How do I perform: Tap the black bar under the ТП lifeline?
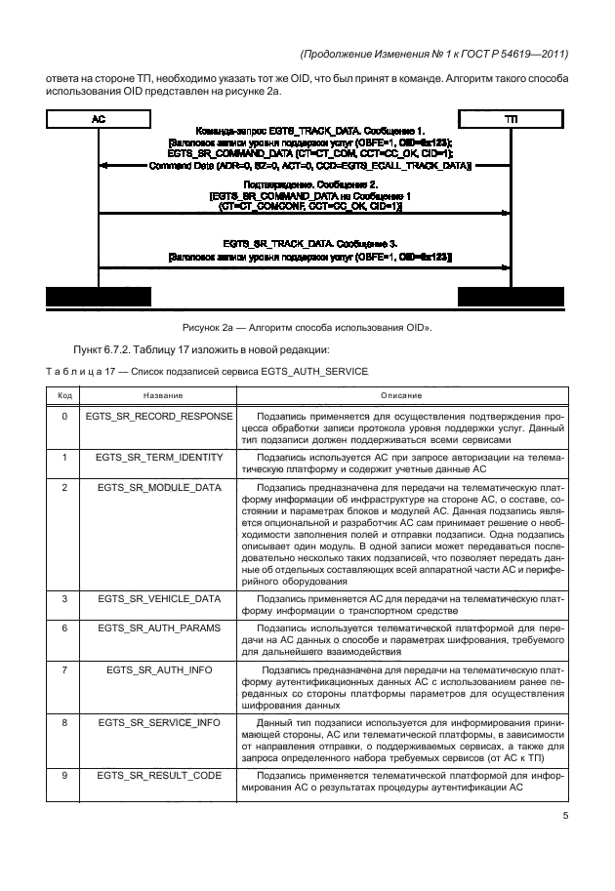click(512, 297)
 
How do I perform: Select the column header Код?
click(64, 395)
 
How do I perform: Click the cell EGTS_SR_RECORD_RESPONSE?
click(160, 416)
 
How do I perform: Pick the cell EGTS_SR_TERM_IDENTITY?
click(160, 457)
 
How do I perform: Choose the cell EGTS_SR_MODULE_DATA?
click(160, 486)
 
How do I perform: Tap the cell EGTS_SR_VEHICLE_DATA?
click(160, 596)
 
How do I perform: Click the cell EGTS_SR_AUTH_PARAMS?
click(160, 628)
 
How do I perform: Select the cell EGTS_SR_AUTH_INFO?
click(160, 670)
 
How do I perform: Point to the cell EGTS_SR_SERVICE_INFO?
click(160, 723)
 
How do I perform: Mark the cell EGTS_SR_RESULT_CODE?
click(160, 775)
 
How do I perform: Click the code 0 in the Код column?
click(64, 416)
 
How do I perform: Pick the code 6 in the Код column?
click(64, 628)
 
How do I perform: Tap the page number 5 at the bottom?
click(565, 818)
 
